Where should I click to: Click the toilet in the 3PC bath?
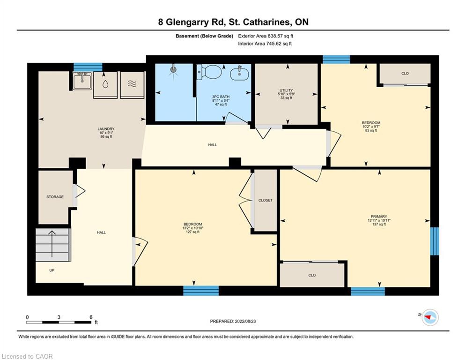209,72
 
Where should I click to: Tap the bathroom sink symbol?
239,73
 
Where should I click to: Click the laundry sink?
82,81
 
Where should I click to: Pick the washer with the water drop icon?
105,85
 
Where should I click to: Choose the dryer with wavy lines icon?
132,85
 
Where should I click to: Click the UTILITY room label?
286,90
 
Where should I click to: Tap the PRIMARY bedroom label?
379,216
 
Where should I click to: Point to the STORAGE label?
55,197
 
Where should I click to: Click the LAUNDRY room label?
106,129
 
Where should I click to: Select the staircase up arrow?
52,244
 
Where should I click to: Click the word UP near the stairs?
52,270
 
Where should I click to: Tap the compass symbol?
430,317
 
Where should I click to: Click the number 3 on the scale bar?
59,317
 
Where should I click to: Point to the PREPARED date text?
233,321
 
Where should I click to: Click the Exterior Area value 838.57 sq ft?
281,36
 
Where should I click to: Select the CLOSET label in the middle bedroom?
266,200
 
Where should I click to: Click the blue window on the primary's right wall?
435,241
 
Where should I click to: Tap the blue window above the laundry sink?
88,67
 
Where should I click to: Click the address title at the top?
233,22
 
